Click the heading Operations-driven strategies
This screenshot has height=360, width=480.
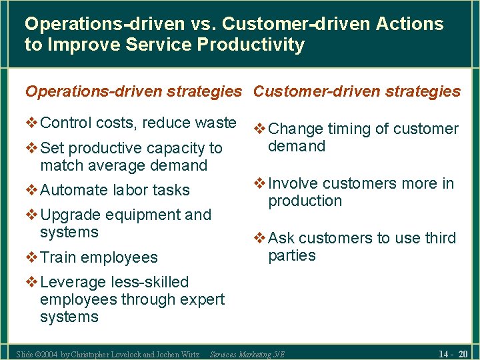(133, 91)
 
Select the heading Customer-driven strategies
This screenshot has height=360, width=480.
(357, 91)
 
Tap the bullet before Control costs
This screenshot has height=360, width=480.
(32, 123)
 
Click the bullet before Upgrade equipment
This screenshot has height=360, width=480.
(32, 215)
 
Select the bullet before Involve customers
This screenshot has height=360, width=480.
(260, 183)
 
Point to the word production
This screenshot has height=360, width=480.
(305, 201)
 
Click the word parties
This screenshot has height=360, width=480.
(291, 256)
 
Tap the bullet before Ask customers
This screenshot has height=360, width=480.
(260, 238)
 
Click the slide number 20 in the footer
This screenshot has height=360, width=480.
(463, 353)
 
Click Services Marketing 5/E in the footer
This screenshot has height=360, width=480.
(247, 355)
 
